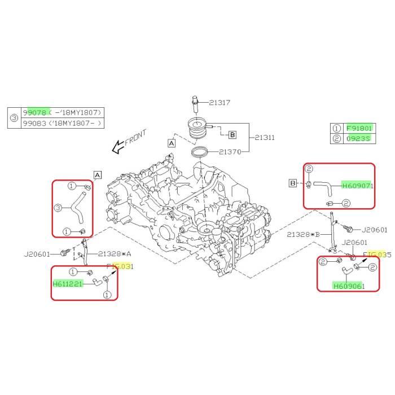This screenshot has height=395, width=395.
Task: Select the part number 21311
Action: point(264,137)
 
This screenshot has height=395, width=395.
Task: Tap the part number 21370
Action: point(230,152)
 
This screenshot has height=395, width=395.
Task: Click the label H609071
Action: point(358,185)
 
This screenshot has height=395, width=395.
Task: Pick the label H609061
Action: point(349,286)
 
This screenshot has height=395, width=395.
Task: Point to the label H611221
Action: point(68,284)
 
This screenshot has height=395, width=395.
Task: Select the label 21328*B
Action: point(304,234)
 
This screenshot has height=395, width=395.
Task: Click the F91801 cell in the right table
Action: point(359,128)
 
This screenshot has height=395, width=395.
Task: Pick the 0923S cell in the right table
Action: point(359,138)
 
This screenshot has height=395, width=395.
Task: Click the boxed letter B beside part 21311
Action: point(232,135)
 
